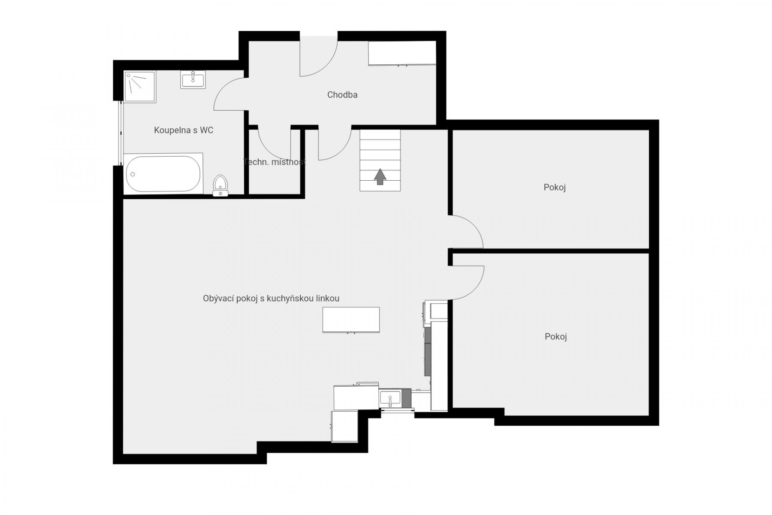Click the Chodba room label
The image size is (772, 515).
coord(342,95)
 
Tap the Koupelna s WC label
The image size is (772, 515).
coord(184,130)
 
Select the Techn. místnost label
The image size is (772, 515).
coord(274,162)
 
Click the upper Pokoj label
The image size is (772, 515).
coord(555,188)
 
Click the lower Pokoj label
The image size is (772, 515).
coord(556,337)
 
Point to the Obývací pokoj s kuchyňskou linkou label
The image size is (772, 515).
coord(271,299)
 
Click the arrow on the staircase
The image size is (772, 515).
coord(380,176)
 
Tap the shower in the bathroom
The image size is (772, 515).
coord(140,86)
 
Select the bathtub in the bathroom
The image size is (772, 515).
coord(163,174)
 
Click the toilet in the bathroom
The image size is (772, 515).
coord(220,185)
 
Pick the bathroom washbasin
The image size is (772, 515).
coord(193,79)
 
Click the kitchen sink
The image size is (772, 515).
coord(390,397)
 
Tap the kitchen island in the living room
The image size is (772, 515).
coord(351,320)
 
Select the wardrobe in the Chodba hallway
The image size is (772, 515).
coord(402,54)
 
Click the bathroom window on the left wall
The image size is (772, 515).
coord(121,133)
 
